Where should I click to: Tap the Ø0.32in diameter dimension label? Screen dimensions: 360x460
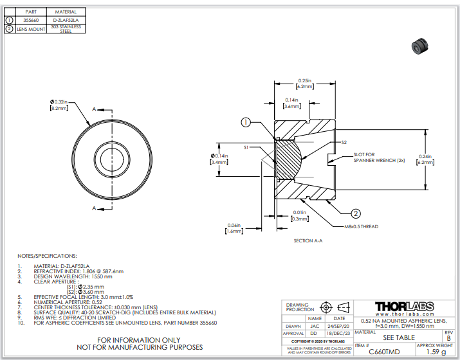pos(59,105)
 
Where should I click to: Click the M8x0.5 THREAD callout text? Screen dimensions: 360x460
pos(362,226)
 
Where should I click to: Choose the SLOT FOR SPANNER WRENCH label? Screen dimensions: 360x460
pos(374,157)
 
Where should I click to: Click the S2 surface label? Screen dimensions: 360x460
pos(344,142)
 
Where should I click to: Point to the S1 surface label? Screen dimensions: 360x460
pos(246,148)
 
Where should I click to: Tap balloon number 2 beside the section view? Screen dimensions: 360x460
pos(354,213)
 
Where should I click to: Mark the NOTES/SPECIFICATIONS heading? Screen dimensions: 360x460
pos(48,255)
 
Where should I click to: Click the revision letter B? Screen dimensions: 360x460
pos(448,338)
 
